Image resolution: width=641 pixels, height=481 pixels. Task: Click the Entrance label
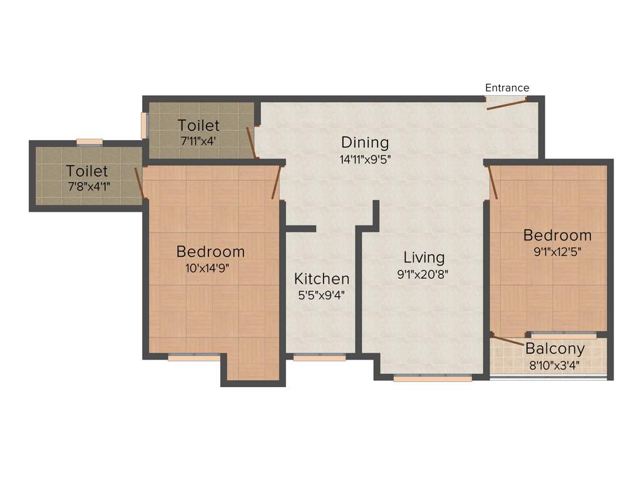[507, 88]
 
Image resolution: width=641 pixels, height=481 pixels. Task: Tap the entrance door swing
[507, 105]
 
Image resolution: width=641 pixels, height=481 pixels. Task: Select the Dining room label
[365, 143]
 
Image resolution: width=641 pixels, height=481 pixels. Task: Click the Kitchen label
[322, 279]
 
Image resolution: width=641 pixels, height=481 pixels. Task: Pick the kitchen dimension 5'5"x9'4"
[322, 294]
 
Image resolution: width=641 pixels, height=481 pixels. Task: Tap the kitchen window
[319, 358]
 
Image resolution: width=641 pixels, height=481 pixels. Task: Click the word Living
[424, 257]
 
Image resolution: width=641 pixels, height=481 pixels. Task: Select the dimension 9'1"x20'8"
[424, 274]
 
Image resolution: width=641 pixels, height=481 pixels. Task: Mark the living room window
[433, 378]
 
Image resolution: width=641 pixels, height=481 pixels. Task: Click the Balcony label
[555, 349]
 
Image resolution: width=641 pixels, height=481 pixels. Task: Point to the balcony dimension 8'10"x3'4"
[553, 365]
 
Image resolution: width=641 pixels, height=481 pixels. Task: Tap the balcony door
[508, 340]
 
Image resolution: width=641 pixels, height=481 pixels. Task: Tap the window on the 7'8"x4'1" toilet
[90, 142]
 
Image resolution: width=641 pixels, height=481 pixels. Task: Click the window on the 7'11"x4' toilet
[144, 125]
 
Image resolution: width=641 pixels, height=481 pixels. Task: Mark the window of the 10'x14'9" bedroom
[194, 358]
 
